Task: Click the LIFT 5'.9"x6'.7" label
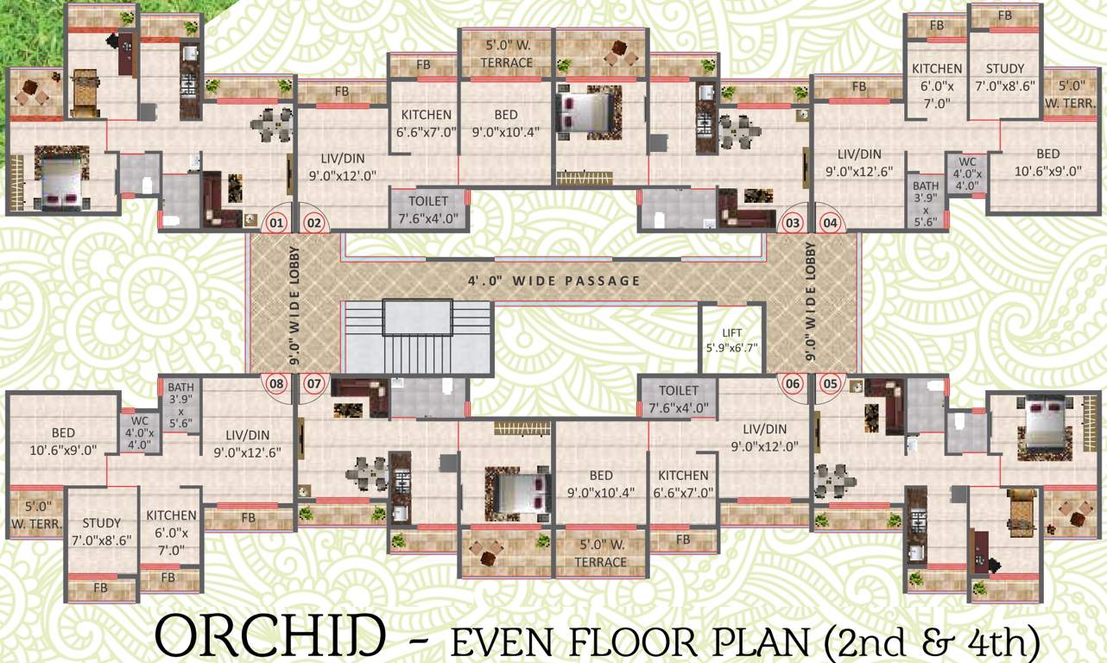click(x=731, y=340)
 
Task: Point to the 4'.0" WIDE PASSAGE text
click(x=554, y=281)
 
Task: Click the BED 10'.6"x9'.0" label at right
click(x=1048, y=162)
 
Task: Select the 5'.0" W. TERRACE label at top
click(x=508, y=54)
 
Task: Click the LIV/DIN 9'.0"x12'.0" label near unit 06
click(x=764, y=437)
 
